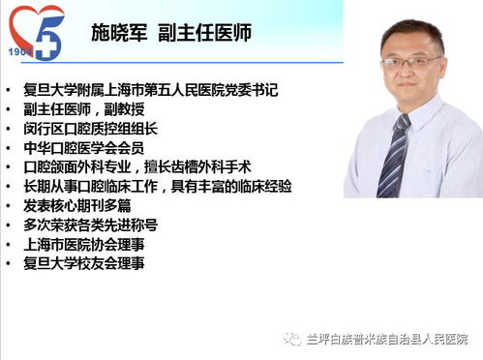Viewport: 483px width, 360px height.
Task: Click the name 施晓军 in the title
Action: tap(126, 34)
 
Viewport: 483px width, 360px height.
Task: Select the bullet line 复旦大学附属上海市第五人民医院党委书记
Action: tap(150, 90)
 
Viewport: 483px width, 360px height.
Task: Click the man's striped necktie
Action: tap(394, 155)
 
